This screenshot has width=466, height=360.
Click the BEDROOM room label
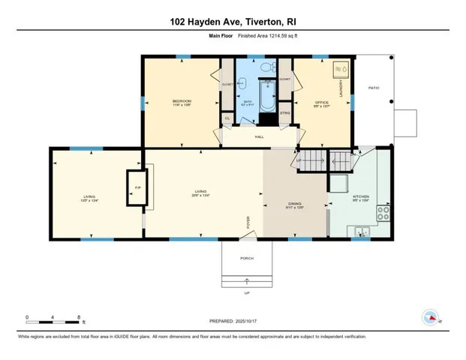pyautogui.click(x=182, y=101)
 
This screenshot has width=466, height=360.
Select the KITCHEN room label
pyautogui.click(x=361, y=197)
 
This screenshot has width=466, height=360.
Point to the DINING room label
pyautogui.click(x=294, y=204)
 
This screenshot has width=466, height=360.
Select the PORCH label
pyautogui.click(x=246, y=258)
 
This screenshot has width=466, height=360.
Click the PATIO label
pyautogui.click(x=374, y=88)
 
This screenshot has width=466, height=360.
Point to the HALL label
pyautogui.click(x=259, y=136)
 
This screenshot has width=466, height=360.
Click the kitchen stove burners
pyautogui.click(x=384, y=211)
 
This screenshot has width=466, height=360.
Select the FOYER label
pyautogui.click(x=248, y=222)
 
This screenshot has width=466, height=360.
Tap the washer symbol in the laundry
pyautogui.click(x=339, y=69)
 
